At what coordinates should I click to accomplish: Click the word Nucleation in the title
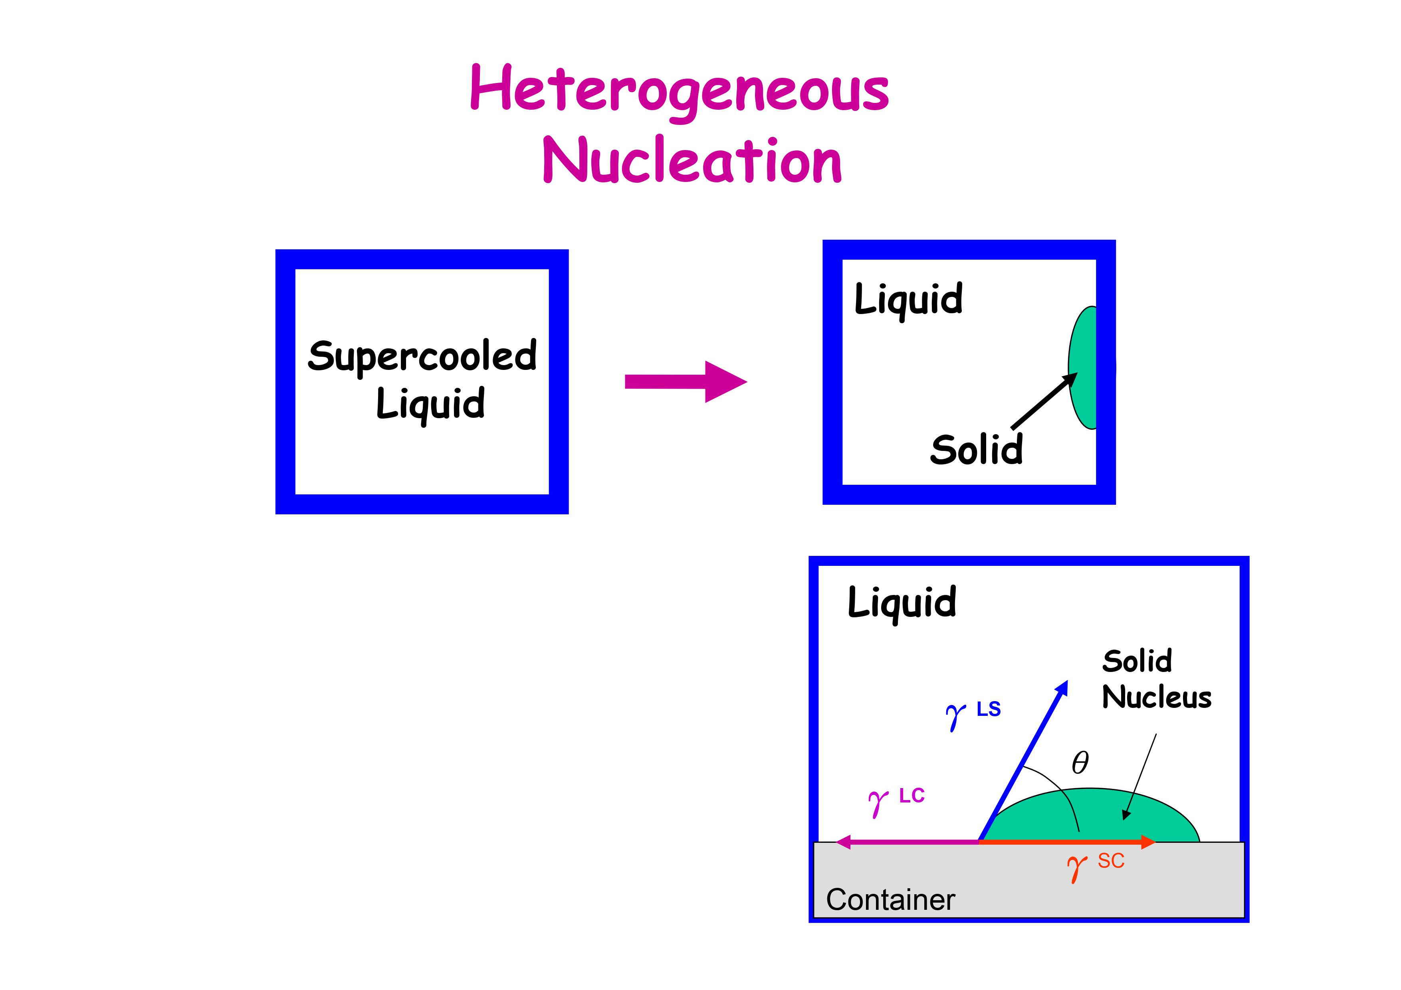click(x=692, y=160)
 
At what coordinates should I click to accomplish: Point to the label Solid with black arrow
click(x=976, y=450)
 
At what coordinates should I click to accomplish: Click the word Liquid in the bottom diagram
click(x=902, y=602)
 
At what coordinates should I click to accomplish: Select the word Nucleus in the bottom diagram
click(x=1156, y=697)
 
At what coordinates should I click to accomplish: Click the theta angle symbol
click(x=1080, y=763)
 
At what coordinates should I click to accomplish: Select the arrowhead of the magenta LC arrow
click(x=843, y=842)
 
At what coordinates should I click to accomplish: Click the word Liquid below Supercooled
click(x=430, y=404)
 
